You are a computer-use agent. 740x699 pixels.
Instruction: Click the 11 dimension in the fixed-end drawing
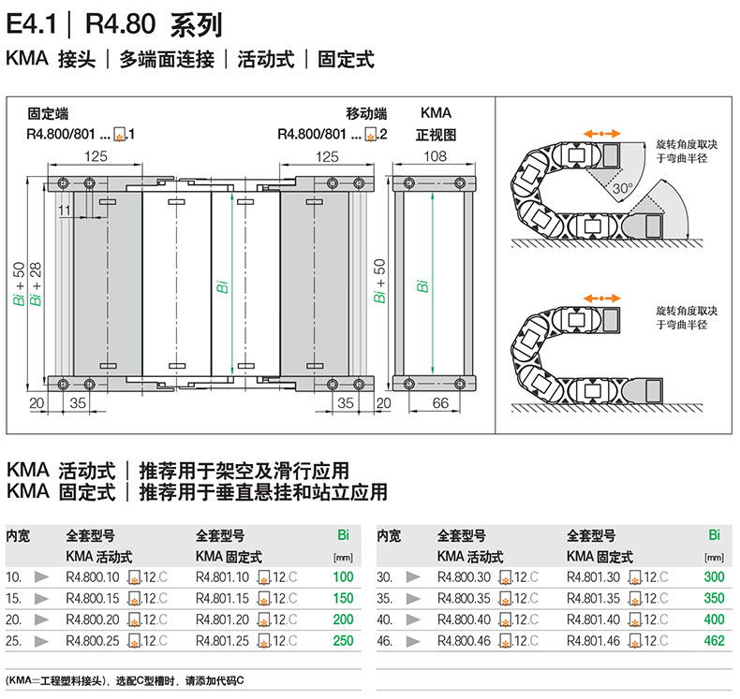(63, 211)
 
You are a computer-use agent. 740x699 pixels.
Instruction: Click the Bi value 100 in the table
(343, 577)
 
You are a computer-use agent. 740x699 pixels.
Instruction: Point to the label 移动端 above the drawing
(366, 113)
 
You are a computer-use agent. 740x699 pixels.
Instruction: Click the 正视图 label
(436, 135)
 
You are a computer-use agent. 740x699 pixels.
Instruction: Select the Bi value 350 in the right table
(715, 598)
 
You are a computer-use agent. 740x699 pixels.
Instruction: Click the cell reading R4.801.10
(222, 577)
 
